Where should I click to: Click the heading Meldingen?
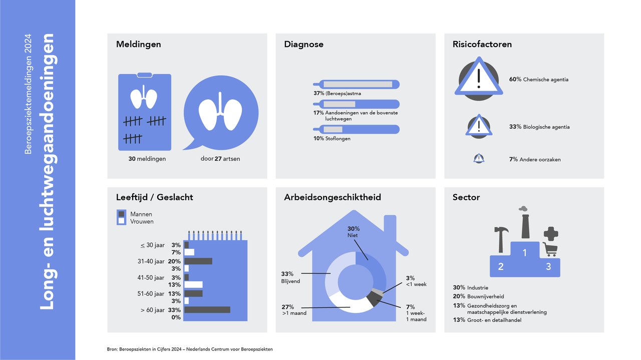139,45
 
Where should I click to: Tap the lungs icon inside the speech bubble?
220,111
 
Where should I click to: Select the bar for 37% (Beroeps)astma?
356,85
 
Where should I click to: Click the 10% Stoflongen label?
332,139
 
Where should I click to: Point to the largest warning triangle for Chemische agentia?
479,78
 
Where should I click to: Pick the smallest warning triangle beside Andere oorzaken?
479,158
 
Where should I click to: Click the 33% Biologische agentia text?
539,127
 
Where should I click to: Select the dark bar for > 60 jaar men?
207,309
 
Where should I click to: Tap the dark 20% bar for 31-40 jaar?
198,261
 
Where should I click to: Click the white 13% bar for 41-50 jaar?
193,285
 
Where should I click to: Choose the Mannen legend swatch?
121,214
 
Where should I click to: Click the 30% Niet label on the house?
354,232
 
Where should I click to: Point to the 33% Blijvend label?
290,277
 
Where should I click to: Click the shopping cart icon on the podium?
550,249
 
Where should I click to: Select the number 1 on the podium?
524,253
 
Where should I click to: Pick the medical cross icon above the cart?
551,234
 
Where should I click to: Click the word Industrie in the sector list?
478,287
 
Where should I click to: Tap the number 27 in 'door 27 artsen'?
218,159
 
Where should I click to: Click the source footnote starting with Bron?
190,349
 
